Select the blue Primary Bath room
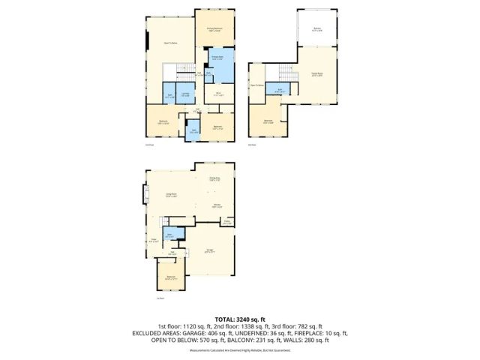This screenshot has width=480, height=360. coord(218,61)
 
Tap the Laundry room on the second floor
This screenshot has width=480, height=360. coord(185,95)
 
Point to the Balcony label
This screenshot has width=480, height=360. coord(317,30)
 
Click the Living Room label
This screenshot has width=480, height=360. coord(171,195)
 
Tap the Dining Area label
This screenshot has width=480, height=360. coord(214,178)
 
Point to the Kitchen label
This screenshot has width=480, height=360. coord(215,205)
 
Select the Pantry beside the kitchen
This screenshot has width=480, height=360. coord(226,222)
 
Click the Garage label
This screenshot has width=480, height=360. coord(210,251)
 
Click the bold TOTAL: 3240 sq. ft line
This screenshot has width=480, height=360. coord(239,319)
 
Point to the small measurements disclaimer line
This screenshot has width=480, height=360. coord(239,350)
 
